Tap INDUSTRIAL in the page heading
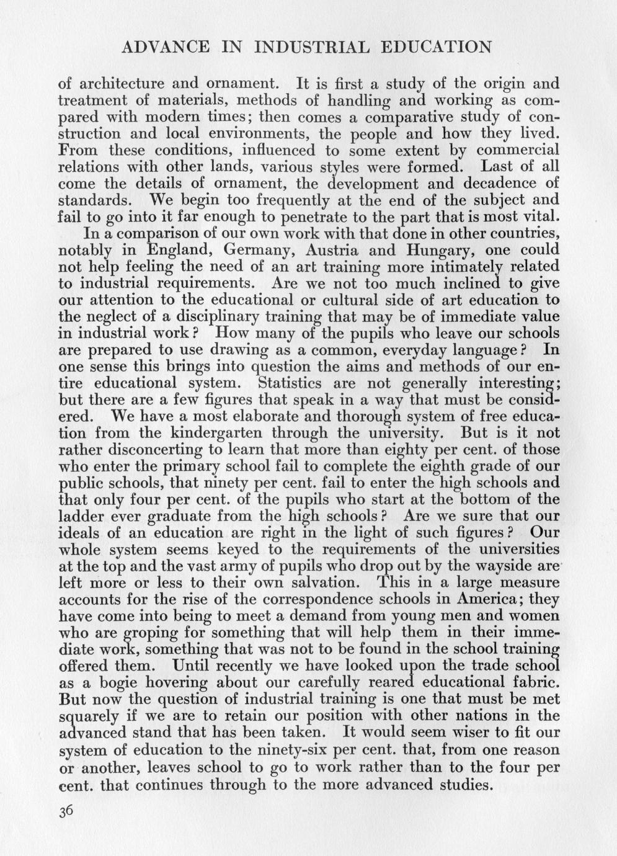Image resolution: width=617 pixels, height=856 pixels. pos(308,47)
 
